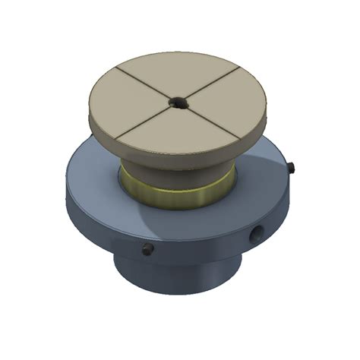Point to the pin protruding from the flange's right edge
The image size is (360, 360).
pyautogui.click(x=292, y=165)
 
